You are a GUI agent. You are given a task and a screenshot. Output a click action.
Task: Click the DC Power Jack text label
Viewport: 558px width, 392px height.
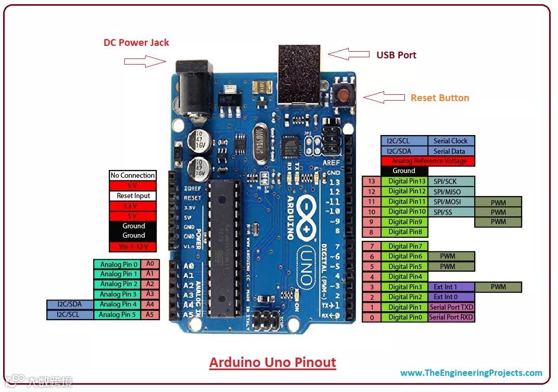point(136,43)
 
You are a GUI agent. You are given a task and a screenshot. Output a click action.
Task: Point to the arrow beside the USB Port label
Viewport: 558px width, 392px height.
point(346,54)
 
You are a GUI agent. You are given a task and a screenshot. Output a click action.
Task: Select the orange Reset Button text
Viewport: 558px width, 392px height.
point(440,98)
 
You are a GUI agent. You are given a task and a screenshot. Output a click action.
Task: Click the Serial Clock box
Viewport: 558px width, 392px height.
point(451,141)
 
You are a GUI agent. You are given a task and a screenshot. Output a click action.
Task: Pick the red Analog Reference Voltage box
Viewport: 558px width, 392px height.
point(428,161)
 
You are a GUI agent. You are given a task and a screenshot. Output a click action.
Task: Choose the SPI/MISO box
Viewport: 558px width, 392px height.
point(451,191)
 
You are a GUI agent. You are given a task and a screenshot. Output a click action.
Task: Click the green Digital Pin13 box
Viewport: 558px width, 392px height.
point(404,181)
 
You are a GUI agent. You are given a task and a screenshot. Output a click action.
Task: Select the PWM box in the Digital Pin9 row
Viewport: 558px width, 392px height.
point(498,222)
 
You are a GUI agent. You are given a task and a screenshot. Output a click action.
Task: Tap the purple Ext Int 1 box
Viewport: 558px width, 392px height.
point(451,287)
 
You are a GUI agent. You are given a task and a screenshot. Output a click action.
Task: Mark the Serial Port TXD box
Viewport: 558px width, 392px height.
point(451,307)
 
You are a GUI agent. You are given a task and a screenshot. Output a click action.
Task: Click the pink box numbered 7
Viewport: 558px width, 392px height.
point(372,246)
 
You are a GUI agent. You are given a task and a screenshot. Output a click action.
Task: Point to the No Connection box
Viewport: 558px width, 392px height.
point(133,176)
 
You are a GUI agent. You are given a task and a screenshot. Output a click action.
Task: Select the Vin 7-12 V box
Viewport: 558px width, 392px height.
point(133,246)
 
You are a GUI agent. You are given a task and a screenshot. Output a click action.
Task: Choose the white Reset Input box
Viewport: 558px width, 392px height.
point(133,196)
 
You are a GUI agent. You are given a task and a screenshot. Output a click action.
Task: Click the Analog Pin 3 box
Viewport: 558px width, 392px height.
point(119,295)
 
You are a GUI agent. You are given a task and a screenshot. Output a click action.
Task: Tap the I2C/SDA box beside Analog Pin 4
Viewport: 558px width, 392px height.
point(70,304)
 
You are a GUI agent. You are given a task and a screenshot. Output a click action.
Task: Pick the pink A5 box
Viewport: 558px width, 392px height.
point(150,315)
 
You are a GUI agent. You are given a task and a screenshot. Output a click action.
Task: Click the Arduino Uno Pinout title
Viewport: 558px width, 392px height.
point(273,362)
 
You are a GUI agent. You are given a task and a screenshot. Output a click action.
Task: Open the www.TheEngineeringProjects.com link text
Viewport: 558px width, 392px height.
point(471,373)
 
